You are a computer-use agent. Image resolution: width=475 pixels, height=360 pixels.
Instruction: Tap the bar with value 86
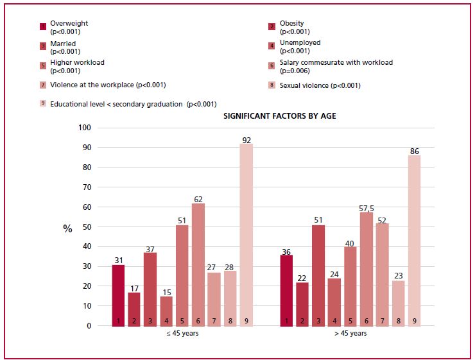click(414, 241)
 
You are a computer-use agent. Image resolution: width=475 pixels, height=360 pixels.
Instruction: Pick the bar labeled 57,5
click(366, 269)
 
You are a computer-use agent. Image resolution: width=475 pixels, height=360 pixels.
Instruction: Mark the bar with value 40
click(350, 286)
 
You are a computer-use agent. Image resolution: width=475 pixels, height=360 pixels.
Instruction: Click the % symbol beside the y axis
click(67, 228)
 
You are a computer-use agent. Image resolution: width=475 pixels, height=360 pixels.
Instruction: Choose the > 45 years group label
click(350, 334)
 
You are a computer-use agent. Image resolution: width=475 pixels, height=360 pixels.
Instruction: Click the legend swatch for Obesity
click(272, 27)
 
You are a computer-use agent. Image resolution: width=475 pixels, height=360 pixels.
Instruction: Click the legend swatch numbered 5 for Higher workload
click(43, 65)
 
